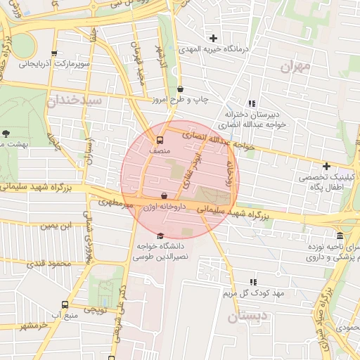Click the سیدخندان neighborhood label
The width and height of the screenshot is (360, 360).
click(75, 101)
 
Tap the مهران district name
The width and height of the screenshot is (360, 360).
click(295, 67)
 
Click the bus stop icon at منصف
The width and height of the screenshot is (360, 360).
click(160, 139)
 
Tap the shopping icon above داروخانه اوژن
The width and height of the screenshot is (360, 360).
click(164, 195)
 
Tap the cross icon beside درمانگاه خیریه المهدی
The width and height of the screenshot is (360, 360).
click(214, 38)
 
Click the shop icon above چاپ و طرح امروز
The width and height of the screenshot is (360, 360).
click(181, 89)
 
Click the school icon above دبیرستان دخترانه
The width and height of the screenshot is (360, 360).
click(252, 103)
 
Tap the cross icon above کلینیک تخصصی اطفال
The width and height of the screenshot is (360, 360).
click(326, 166)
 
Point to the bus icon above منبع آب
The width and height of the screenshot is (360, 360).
click(65, 305)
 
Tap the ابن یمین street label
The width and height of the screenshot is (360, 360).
click(56, 226)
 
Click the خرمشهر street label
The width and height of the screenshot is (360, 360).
click(34, 326)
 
